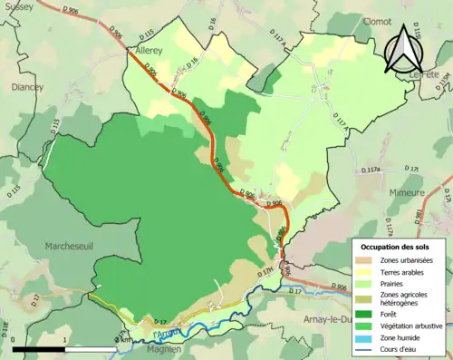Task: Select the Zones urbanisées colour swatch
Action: pyautogui.click(x=366, y=261)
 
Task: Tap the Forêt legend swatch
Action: pyautogui.click(x=366, y=313)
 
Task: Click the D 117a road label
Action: pyautogui.click(x=371, y=170)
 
